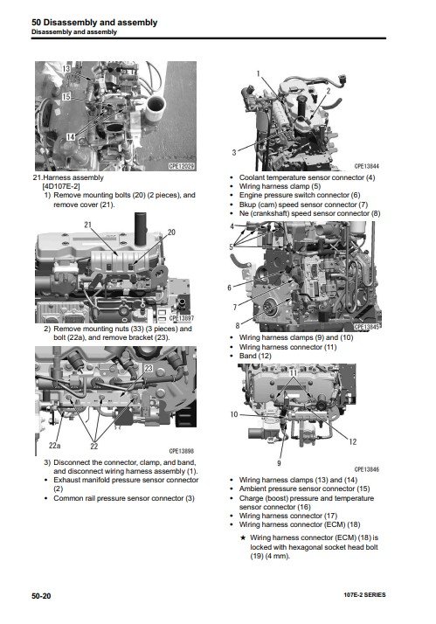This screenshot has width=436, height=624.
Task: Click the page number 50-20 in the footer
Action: [x=41, y=596]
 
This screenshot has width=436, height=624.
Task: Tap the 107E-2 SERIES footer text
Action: [x=364, y=595]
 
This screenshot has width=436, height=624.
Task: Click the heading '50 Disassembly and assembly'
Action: [x=94, y=23]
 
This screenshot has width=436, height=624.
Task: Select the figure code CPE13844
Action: [x=366, y=166]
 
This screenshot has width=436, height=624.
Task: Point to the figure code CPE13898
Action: [x=182, y=451]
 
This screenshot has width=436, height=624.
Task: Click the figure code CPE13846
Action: [x=366, y=469]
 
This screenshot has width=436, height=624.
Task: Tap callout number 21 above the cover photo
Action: [x=87, y=225]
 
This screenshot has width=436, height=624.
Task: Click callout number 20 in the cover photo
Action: [x=171, y=232]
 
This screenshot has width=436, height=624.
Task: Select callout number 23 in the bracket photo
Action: [x=149, y=369]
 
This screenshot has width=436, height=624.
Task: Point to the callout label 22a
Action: [x=55, y=446]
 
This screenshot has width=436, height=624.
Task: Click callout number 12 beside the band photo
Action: [x=352, y=441]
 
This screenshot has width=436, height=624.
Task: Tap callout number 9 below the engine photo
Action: [x=279, y=463]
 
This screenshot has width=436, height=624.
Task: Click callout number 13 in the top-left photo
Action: [x=66, y=69]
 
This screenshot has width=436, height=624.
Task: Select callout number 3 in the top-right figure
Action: [x=234, y=152]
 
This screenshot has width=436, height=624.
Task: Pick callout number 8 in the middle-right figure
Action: [x=238, y=325]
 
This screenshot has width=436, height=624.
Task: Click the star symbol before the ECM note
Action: [x=243, y=537]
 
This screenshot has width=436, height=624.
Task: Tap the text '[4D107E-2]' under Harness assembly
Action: [x=61, y=186]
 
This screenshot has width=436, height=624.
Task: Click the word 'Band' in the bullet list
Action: [x=248, y=356]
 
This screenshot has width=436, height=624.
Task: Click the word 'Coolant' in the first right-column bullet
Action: [x=252, y=177]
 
